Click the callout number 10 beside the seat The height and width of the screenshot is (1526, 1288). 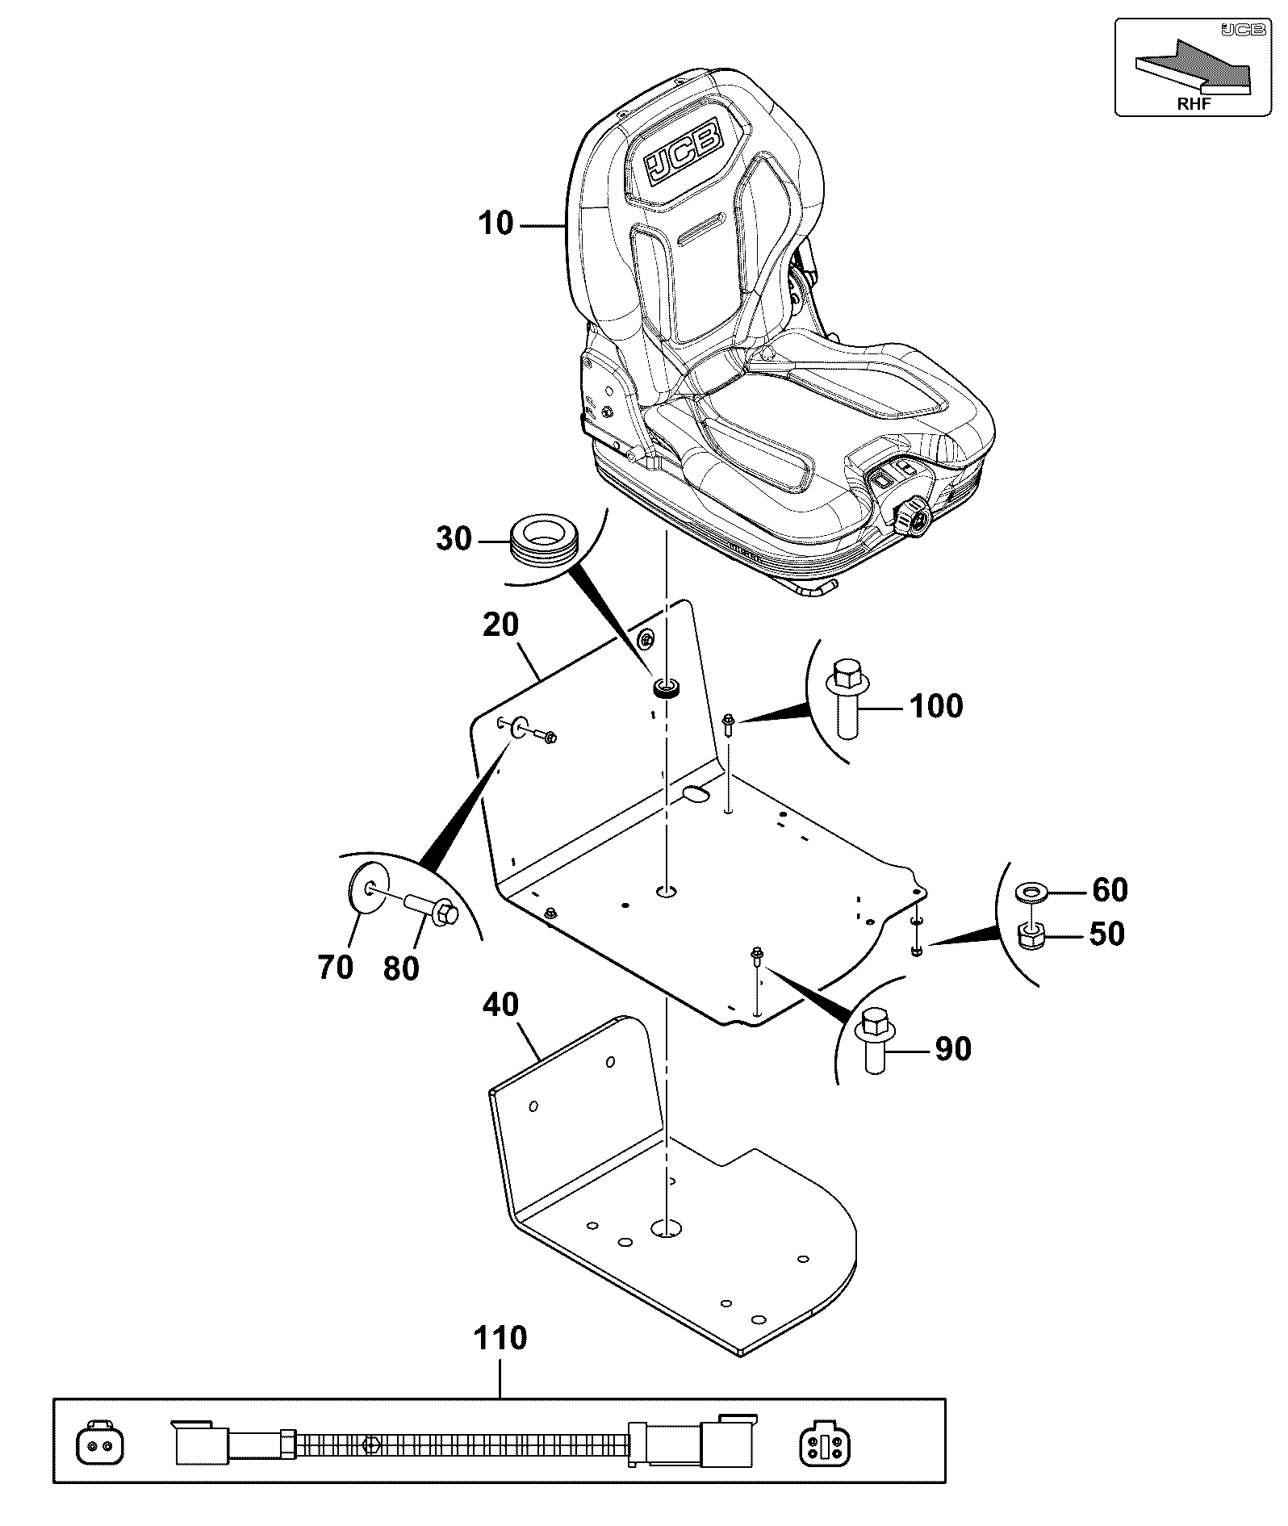pyautogui.click(x=496, y=223)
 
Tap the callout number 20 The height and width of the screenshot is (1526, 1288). pyautogui.click(x=500, y=624)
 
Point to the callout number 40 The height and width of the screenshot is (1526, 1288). pyautogui.click(x=500, y=1005)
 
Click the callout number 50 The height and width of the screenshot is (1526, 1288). pyautogui.click(x=1106, y=934)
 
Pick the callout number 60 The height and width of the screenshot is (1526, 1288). pyautogui.click(x=1110, y=889)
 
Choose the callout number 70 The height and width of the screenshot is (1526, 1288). pyautogui.click(x=336, y=966)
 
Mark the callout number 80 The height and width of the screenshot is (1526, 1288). pyautogui.click(x=401, y=968)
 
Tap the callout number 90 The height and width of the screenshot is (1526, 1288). pyautogui.click(x=952, y=1049)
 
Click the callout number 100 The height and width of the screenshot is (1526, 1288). pyautogui.click(x=936, y=706)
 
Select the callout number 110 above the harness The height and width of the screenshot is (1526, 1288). pyautogui.click(x=500, y=1338)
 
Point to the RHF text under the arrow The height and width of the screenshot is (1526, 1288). pyautogui.click(x=1194, y=102)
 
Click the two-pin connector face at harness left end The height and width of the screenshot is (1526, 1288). pyautogui.click(x=100, y=1444)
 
